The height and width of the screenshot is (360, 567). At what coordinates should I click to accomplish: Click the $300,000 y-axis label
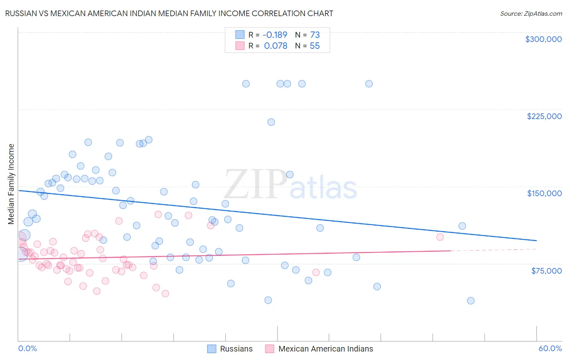point(543,39)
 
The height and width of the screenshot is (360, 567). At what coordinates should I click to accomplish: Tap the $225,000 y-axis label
point(544,116)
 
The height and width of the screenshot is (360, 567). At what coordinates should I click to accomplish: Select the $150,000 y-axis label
point(544,193)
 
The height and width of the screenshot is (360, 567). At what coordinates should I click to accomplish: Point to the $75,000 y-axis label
point(546,271)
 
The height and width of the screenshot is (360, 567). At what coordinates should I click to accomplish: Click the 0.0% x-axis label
point(28,348)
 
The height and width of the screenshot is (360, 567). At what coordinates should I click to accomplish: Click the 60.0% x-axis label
point(550,348)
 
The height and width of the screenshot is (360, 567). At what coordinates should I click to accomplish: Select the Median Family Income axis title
point(11,184)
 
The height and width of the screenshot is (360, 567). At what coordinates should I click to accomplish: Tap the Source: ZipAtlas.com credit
point(531,14)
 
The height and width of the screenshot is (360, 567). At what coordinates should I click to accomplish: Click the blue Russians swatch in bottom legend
point(212,349)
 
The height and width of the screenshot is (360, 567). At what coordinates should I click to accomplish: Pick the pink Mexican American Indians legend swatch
point(270,349)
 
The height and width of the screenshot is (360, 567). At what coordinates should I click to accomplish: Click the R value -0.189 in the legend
point(275,35)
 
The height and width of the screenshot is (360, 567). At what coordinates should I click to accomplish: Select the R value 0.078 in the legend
point(275,46)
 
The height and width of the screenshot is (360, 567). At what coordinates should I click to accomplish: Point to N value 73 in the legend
point(315,35)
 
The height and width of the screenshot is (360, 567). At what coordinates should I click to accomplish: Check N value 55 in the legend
point(315,46)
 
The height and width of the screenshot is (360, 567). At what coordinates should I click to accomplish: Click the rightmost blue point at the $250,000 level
point(369,84)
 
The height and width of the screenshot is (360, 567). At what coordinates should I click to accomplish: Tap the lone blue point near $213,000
point(271,122)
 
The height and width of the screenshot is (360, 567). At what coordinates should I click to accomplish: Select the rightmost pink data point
point(440,237)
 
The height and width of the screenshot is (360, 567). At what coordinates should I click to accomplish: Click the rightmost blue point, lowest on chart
point(471,301)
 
